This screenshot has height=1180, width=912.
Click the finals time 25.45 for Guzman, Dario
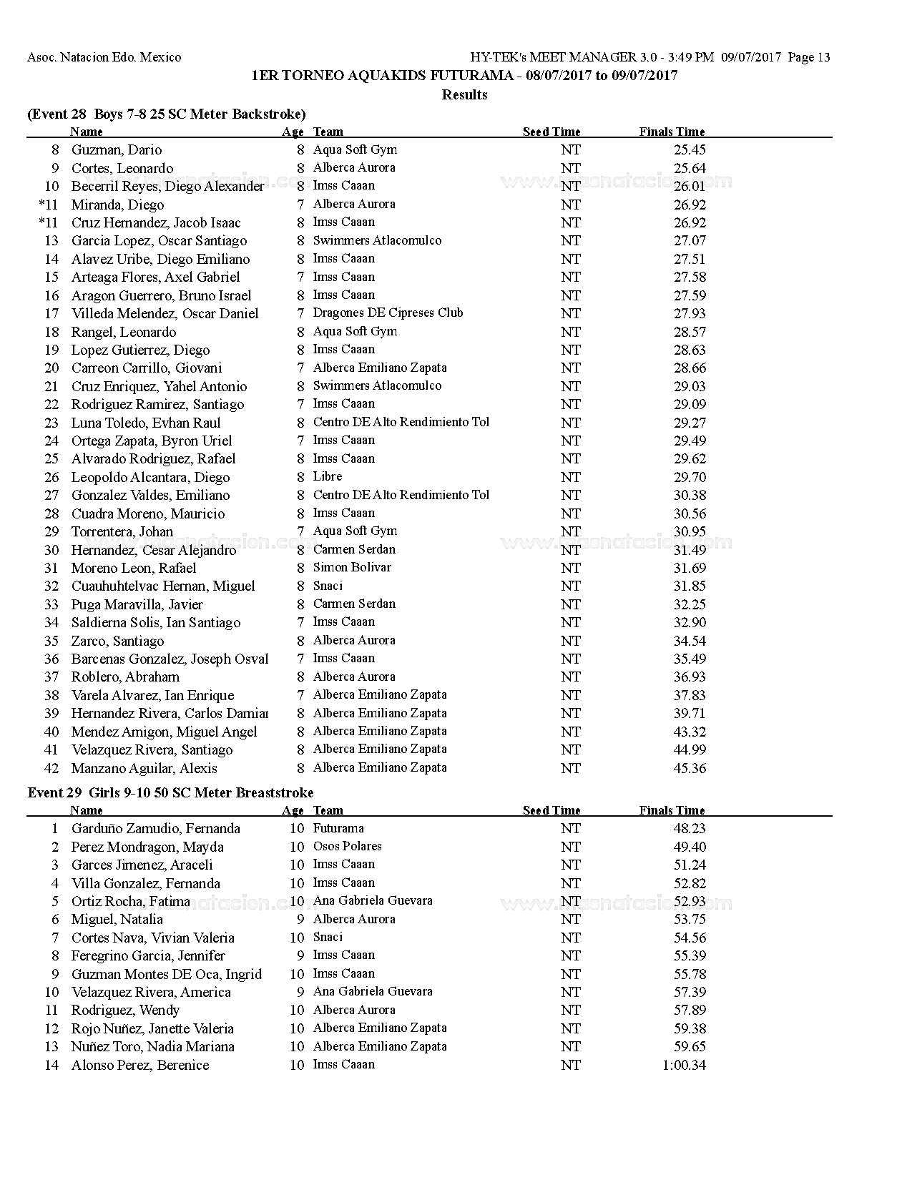(690, 150)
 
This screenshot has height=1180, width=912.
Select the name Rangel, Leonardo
(123, 332)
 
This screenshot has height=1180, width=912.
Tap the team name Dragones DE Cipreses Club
(388, 313)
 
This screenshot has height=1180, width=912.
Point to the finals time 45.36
(690, 769)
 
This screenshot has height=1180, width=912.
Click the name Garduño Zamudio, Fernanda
(155, 829)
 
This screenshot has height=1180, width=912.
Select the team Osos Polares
(347, 847)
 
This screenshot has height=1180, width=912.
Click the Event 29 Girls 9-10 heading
(170, 792)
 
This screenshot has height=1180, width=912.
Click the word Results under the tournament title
(464, 94)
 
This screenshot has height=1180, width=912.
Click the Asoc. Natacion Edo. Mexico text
(104, 57)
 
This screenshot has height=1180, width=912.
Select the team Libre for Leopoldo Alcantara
(328, 477)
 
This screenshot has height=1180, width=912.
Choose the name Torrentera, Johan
(122, 531)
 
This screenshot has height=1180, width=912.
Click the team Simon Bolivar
(352, 568)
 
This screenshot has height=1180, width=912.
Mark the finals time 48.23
(690, 829)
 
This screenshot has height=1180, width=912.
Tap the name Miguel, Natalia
(117, 920)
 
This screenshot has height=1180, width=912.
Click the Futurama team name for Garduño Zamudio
(338, 829)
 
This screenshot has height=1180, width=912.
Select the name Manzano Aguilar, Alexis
(144, 769)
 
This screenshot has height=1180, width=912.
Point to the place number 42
(52, 769)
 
